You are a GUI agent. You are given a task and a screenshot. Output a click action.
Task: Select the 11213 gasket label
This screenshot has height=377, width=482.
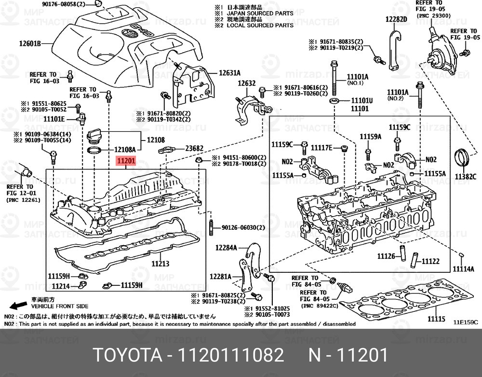[160, 264]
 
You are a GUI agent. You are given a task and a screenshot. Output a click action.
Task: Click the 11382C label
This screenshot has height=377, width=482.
[466, 177]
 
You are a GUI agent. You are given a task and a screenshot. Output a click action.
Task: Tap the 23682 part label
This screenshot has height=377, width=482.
[195, 148]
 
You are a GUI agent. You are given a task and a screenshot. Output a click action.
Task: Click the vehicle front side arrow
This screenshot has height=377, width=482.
[19, 306]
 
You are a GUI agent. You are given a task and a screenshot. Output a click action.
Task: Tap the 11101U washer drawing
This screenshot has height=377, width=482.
[334, 102]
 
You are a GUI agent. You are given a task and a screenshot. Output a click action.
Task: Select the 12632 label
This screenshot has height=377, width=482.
[245, 83]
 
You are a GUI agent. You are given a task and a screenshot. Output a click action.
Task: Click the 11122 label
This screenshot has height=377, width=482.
[430, 261]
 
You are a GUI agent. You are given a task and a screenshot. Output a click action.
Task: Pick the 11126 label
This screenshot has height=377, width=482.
[386, 256]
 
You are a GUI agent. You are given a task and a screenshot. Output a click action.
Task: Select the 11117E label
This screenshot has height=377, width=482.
[322, 147]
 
